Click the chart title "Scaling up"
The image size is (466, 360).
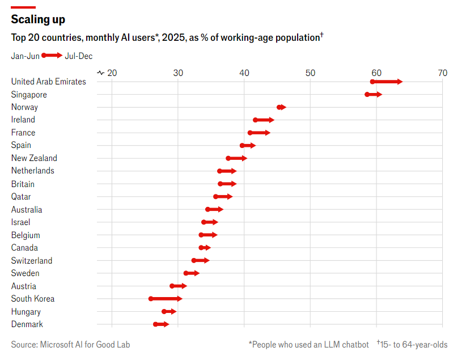(x=38, y=19)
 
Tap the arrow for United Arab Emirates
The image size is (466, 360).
(x=387, y=82)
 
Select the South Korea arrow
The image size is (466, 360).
(x=166, y=299)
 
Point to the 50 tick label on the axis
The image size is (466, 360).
(x=310, y=73)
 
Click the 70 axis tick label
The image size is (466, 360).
(x=442, y=73)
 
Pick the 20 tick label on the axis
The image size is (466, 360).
(x=112, y=73)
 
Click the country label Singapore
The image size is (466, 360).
(x=29, y=95)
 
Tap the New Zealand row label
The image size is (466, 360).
(x=34, y=158)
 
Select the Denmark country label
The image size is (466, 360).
(x=27, y=324)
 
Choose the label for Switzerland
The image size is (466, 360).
(x=32, y=261)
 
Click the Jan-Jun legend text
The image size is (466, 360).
(x=25, y=56)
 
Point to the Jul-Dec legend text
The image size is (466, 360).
(x=79, y=56)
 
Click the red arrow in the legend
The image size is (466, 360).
(x=52, y=56)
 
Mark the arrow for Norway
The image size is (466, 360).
(x=282, y=107)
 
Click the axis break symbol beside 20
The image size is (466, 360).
(x=101, y=73)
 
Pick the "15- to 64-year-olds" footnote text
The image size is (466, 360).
(x=414, y=344)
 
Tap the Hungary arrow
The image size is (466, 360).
(x=170, y=312)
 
